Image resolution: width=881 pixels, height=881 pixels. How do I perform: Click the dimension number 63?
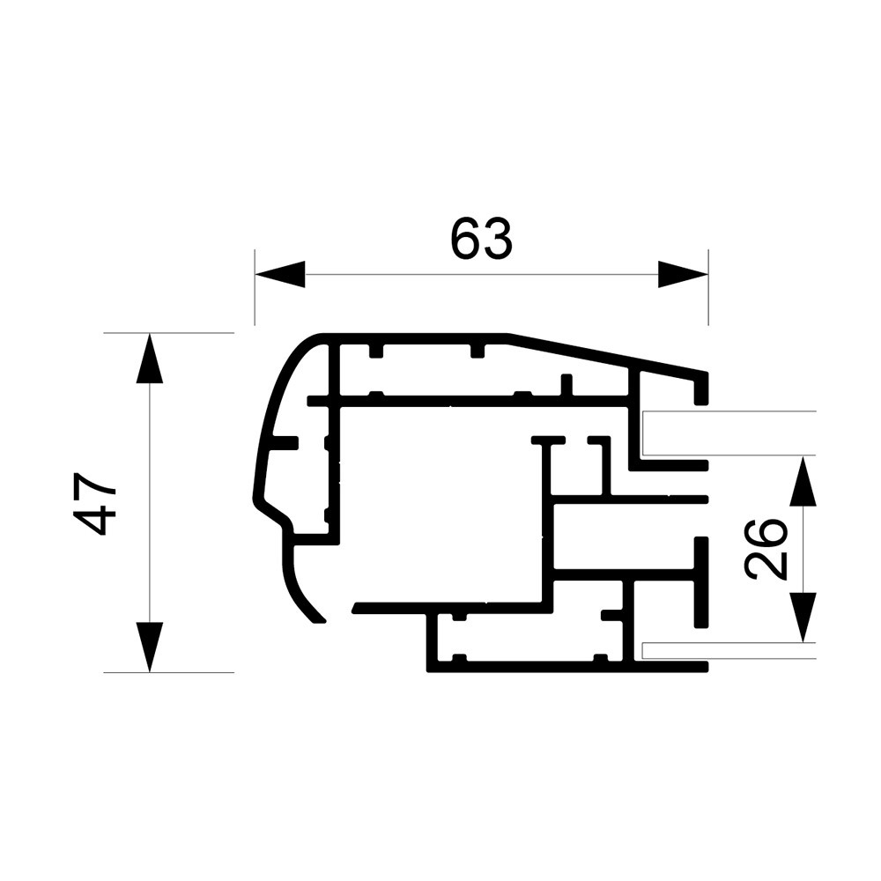[480, 239]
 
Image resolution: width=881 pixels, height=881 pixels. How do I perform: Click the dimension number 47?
[95, 504]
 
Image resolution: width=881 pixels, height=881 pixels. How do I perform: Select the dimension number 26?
[766, 548]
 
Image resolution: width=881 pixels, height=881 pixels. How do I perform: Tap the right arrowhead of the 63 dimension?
[683, 275]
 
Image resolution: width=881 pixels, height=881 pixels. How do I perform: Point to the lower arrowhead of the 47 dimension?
[150, 648]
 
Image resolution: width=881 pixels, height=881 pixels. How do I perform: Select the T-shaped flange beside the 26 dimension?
[700, 581]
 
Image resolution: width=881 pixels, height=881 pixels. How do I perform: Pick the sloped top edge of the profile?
[608, 354]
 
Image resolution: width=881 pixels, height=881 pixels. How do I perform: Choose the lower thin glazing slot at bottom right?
[674, 651]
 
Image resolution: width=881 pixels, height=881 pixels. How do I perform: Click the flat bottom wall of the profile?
[564, 667]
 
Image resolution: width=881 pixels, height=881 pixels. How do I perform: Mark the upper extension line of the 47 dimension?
[167, 333]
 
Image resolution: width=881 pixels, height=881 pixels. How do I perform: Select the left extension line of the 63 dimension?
[255, 286]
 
